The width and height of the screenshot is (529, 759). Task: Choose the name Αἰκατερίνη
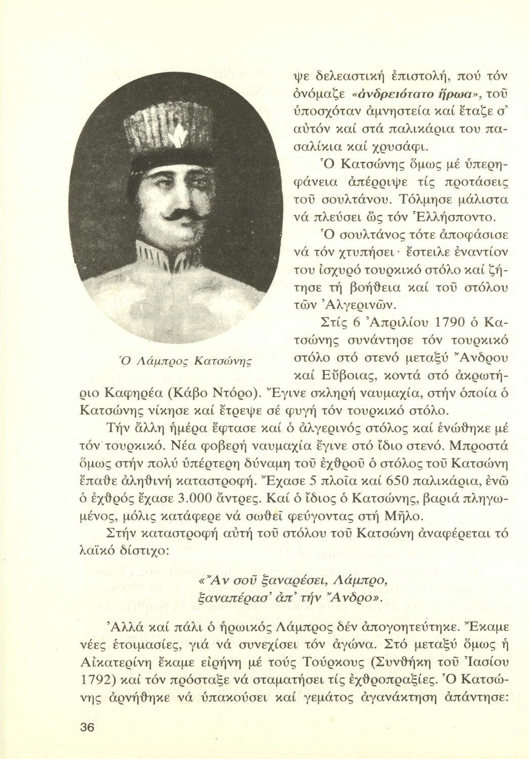click(x=127, y=645)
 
